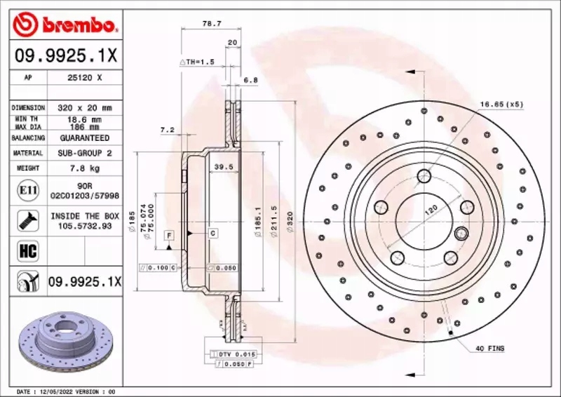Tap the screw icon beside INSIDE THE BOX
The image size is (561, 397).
coord(25,220)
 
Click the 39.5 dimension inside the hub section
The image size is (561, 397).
coord(223,167)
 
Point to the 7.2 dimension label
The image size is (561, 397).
coord(167,130)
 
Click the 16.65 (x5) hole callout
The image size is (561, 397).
coord(501,105)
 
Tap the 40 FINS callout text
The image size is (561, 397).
coord(490,349)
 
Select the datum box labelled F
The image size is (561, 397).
coord(169,235)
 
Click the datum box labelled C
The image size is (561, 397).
coord(212,232)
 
